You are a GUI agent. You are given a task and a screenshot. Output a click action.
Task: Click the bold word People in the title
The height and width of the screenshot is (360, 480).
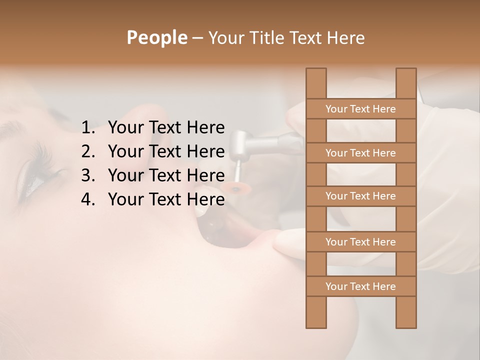point(156,37)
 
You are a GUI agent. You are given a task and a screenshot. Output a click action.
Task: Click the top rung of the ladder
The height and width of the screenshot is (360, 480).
point(360,109)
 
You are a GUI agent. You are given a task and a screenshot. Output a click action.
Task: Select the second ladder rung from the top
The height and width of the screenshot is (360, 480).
point(360,153)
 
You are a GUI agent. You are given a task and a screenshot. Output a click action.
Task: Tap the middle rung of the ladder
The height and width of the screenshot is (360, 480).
point(360,196)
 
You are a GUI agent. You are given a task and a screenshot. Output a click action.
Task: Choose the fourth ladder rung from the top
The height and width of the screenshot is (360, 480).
point(360,242)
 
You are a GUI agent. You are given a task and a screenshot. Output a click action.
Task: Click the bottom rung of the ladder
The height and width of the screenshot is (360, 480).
point(360,286)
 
